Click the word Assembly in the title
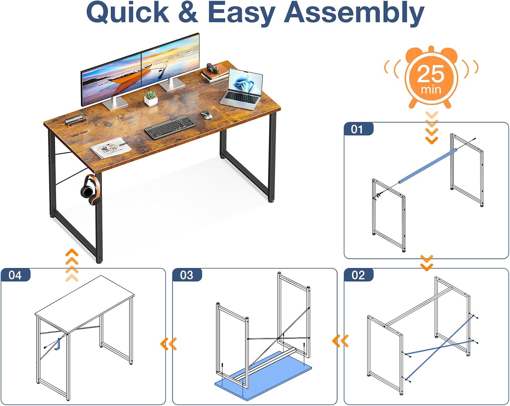(x=354, y=14)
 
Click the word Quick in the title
(x=128, y=12)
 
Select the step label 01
(x=357, y=129)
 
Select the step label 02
(x=358, y=275)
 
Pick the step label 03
(x=187, y=275)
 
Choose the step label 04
(x=15, y=275)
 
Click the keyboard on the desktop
(x=170, y=127)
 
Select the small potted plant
(x=151, y=98)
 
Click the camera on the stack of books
(x=213, y=68)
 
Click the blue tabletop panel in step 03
(x=263, y=376)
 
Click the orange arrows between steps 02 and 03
(x=340, y=341)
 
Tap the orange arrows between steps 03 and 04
(x=169, y=344)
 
